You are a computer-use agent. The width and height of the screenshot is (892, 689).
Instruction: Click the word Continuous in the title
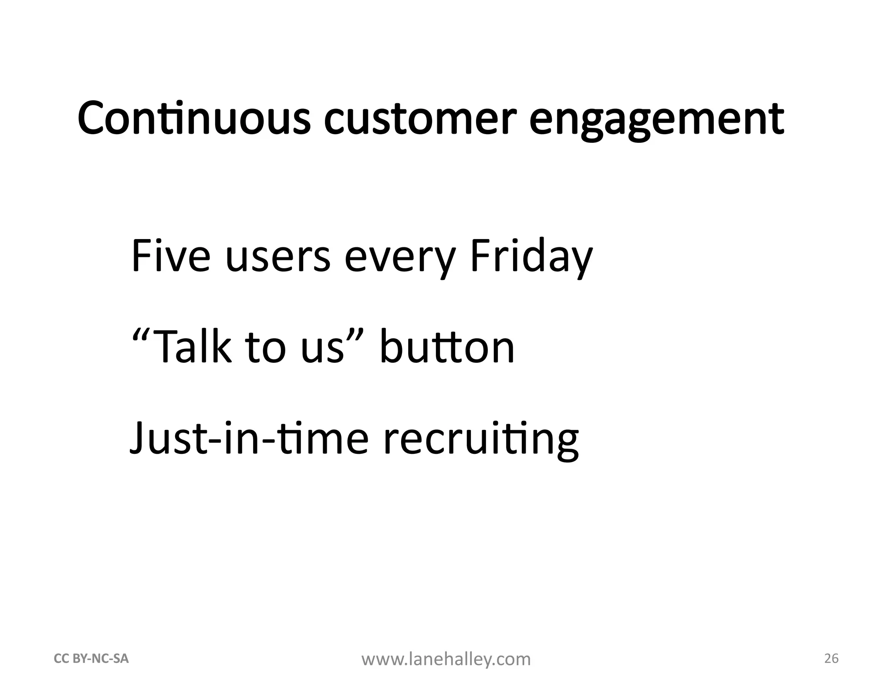pos(194,118)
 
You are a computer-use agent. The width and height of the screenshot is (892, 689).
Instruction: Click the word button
pos(447,347)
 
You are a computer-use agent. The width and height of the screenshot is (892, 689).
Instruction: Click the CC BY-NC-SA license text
pos(91,659)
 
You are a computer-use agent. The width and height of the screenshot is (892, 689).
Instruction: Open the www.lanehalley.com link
pos(446,659)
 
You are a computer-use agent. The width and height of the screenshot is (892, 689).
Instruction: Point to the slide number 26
pos(831,659)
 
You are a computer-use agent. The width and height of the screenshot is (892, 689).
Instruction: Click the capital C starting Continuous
pos(93,118)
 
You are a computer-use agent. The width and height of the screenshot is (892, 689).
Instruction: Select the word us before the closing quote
pos(322,351)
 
